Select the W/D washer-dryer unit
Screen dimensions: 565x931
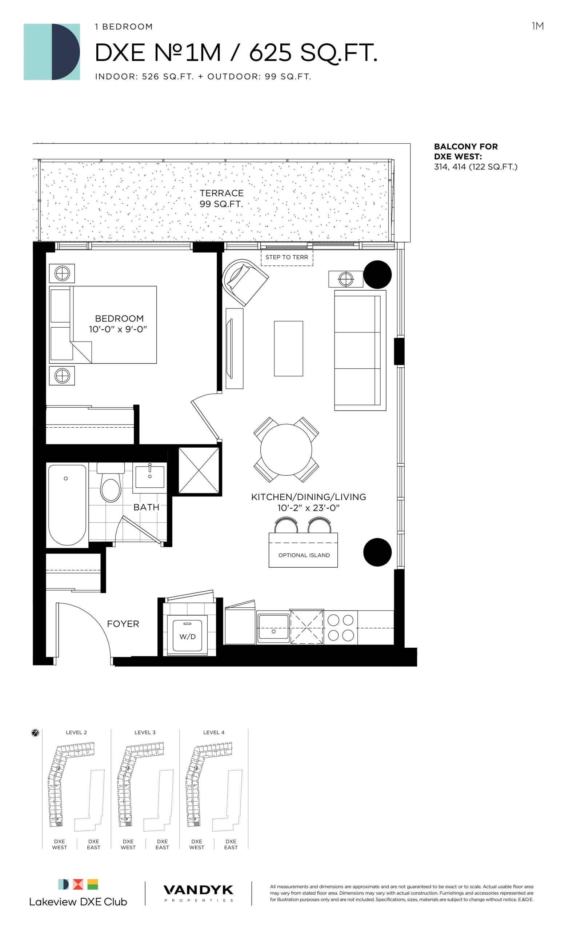tap(187, 636)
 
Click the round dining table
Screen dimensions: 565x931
tap(286, 449)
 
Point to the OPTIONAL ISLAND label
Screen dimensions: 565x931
tap(304, 555)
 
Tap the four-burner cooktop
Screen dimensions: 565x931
tap(340, 628)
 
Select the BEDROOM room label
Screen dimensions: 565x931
tap(119, 319)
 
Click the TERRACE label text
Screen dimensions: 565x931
tap(221, 193)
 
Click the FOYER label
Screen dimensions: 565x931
tap(123, 624)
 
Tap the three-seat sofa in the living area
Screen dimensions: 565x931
tap(360, 350)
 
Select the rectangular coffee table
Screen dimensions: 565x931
tap(288, 348)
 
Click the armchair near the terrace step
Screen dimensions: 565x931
tap(244, 281)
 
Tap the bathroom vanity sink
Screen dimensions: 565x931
tap(149, 476)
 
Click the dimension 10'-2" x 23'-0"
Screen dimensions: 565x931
tap(309, 508)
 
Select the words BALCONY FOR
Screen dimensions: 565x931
tap(466, 147)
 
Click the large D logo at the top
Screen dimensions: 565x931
tap(52, 52)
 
